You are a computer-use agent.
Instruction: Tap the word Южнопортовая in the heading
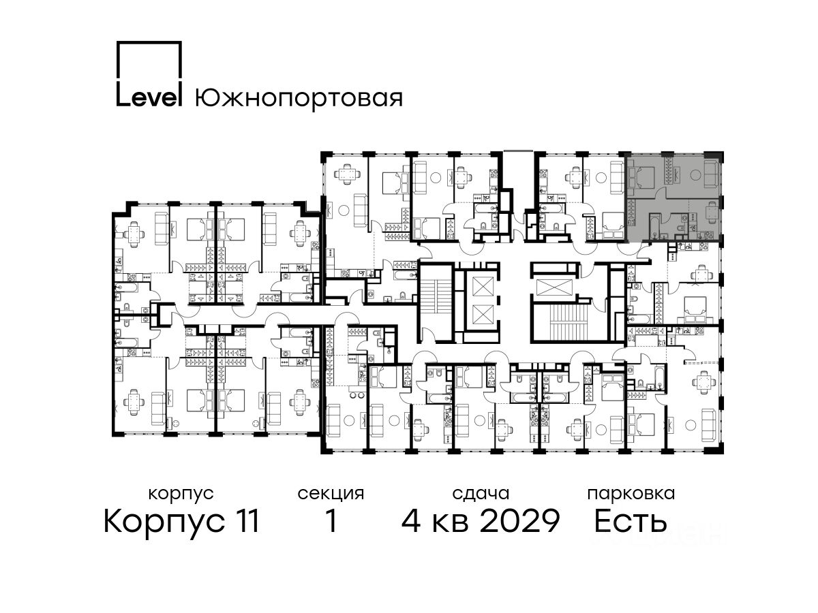tap(299, 97)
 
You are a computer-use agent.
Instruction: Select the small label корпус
tap(181, 494)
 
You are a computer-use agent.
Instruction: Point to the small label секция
tap(331, 494)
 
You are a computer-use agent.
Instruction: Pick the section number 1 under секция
tap(331, 521)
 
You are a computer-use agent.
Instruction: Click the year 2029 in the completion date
tap(519, 521)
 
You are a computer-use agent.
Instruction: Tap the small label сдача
tap(481, 494)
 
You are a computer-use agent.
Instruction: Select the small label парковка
tap(631, 494)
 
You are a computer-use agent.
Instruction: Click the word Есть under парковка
tap(630, 521)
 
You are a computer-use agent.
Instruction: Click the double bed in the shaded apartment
tap(641, 177)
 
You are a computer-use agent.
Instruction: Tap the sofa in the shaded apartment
tap(711, 174)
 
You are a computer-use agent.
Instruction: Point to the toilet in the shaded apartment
tap(680, 228)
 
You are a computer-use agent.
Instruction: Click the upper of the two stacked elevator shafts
tap(483, 286)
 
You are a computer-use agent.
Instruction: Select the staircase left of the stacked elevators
tap(434, 296)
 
